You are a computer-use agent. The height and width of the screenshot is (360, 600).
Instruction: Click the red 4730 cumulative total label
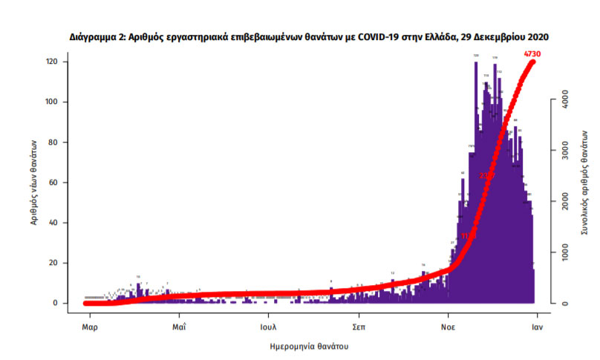click(x=532, y=53)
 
